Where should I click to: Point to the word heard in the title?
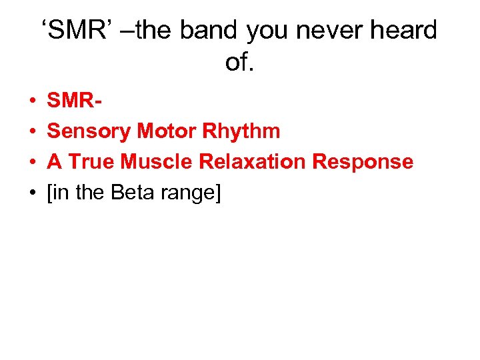click(x=407, y=31)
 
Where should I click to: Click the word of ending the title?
click(x=239, y=62)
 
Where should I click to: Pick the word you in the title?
click(x=269, y=31)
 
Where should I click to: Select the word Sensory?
click(x=89, y=131)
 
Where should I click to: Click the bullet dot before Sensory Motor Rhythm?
click(x=32, y=131)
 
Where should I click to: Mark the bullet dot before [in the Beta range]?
click(x=32, y=193)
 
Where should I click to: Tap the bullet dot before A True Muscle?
click(x=32, y=162)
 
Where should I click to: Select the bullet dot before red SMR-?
click(x=32, y=101)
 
